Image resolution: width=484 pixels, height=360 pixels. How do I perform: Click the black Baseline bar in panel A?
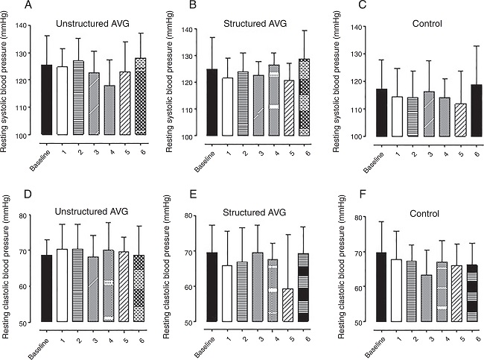coord(46,100)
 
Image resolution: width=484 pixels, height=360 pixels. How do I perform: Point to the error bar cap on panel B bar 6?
coord(302,31)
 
